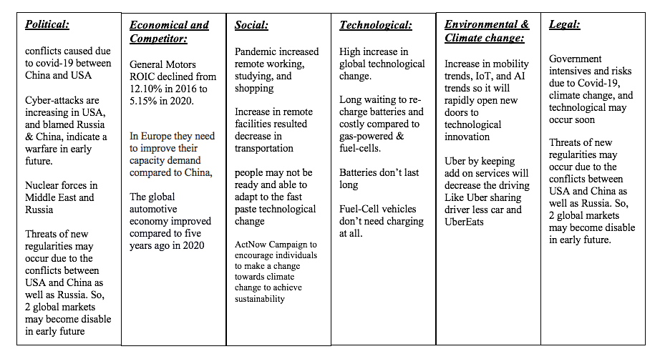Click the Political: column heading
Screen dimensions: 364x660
47,24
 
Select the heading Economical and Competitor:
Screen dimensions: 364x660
169,31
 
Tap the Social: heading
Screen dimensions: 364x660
251,25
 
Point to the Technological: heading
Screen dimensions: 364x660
376,25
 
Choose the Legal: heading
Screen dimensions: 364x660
564,24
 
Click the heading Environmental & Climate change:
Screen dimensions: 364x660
487,31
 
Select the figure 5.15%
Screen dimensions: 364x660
144,102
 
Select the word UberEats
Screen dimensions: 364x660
464,222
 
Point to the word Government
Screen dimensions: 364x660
576,59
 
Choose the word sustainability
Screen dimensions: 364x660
260,298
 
